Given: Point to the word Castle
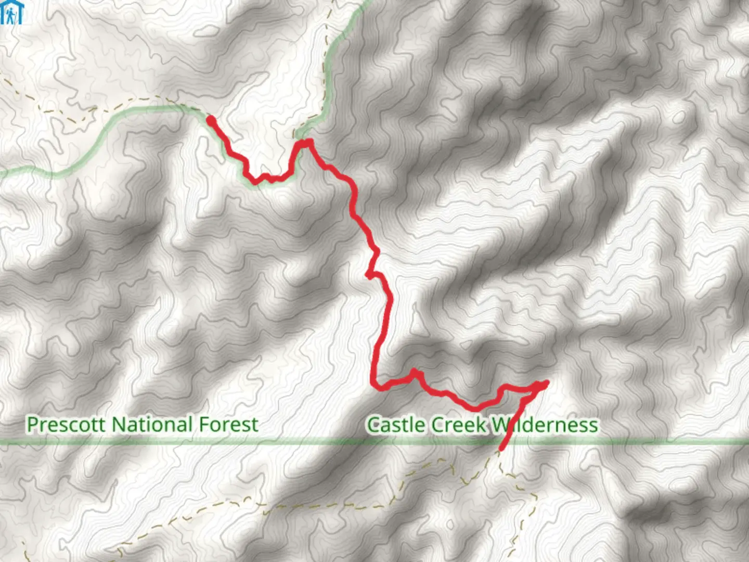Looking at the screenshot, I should point(394,425).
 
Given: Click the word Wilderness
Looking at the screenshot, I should point(545,425).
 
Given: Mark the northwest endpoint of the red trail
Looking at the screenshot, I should point(211,120).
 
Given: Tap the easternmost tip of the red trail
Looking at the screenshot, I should point(547,384).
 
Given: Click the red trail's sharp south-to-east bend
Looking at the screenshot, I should point(376,385).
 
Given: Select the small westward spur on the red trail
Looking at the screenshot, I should point(368,275).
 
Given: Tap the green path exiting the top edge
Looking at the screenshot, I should point(367,3).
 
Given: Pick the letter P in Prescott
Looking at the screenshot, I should point(33,425).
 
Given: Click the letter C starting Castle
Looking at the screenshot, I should point(373,425).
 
